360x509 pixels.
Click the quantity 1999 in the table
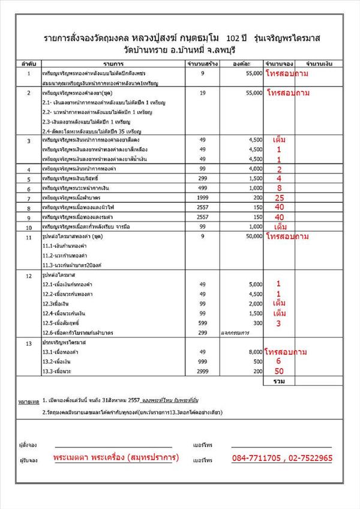(x=202, y=197)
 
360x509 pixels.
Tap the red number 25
(x=279, y=197)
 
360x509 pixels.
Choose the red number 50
(x=279, y=372)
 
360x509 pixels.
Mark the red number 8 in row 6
(x=279, y=188)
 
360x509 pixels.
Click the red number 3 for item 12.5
(x=279, y=324)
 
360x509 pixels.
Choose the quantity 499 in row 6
(x=202, y=188)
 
